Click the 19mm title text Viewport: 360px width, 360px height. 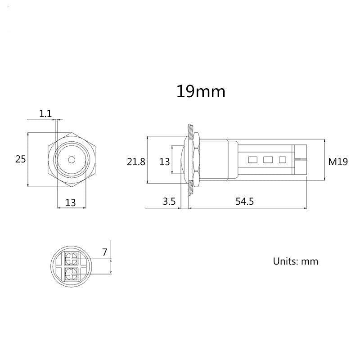pyautogui.click(x=200, y=91)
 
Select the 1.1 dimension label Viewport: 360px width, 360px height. pyautogui.click(x=45, y=114)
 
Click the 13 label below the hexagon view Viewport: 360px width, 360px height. pyautogui.click(x=71, y=202)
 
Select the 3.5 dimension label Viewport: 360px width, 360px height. pyautogui.click(x=169, y=202)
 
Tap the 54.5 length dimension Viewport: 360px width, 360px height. pyautogui.click(x=245, y=202)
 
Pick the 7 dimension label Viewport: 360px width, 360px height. pyautogui.click(x=104, y=252)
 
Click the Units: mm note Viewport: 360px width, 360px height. pyautogui.click(x=296, y=261)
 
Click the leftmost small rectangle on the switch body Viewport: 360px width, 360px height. pyautogui.click(x=252, y=159)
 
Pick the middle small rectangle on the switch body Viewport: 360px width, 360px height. pyautogui.click(x=268, y=159)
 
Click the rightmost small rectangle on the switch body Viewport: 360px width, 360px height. pyautogui.click(x=283, y=159)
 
